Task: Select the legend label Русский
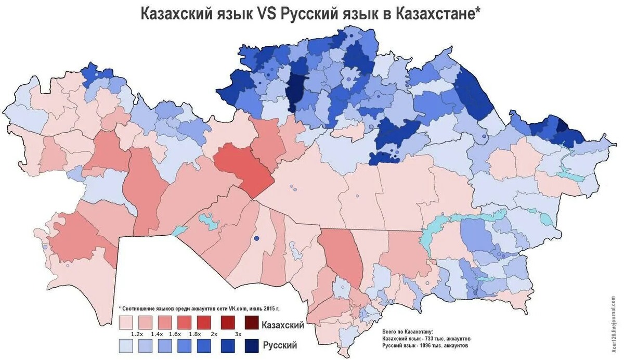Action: pos(280,345)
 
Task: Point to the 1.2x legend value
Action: pos(137,333)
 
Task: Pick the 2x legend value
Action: pos(214,333)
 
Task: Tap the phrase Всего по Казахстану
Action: pos(407,332)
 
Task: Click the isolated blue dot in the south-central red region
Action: pos(256,238)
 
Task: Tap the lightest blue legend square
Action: pos(125,344)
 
